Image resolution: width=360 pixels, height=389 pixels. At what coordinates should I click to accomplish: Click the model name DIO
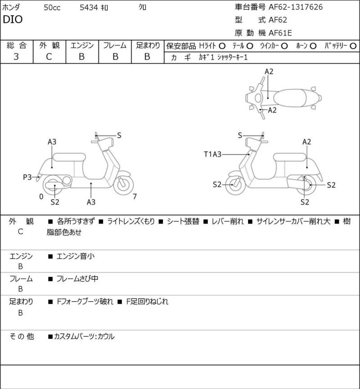tap(13, 19)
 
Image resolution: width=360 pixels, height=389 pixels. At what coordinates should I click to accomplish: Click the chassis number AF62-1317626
tap(296, 7)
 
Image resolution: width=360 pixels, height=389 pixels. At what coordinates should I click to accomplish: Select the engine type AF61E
tap(280, 33)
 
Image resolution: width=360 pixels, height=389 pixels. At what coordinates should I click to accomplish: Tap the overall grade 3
tap(16, 57)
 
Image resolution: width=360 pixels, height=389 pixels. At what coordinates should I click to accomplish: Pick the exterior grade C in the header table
tap(49, 57)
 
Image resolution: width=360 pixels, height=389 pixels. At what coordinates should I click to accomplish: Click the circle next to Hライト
tap(222, 46)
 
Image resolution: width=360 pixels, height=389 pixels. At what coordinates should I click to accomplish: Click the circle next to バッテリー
tap(353, 46)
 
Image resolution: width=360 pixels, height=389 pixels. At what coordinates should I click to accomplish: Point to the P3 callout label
tap(27, 177)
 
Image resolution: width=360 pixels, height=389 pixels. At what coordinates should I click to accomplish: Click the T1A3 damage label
tap(212, 154)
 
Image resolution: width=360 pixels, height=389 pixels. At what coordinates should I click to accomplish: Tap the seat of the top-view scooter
tap(290, 98)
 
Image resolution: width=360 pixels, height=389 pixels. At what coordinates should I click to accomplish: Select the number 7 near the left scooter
tap(135, 197)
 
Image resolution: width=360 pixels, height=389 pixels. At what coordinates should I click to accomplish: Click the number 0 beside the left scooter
tap(41, 197)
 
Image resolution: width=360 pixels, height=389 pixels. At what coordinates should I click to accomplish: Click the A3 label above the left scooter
tap(52, 142)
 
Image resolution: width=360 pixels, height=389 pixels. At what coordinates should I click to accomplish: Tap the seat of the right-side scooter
tap(290, 157)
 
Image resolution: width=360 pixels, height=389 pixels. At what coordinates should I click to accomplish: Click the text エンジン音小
tap(76, 256)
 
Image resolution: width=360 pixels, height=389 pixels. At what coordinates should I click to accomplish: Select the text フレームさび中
tap(77, 279)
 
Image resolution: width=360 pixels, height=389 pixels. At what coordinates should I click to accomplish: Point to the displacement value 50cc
tap(52, 8)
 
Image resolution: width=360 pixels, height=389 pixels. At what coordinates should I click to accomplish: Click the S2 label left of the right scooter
tap(217, 184)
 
